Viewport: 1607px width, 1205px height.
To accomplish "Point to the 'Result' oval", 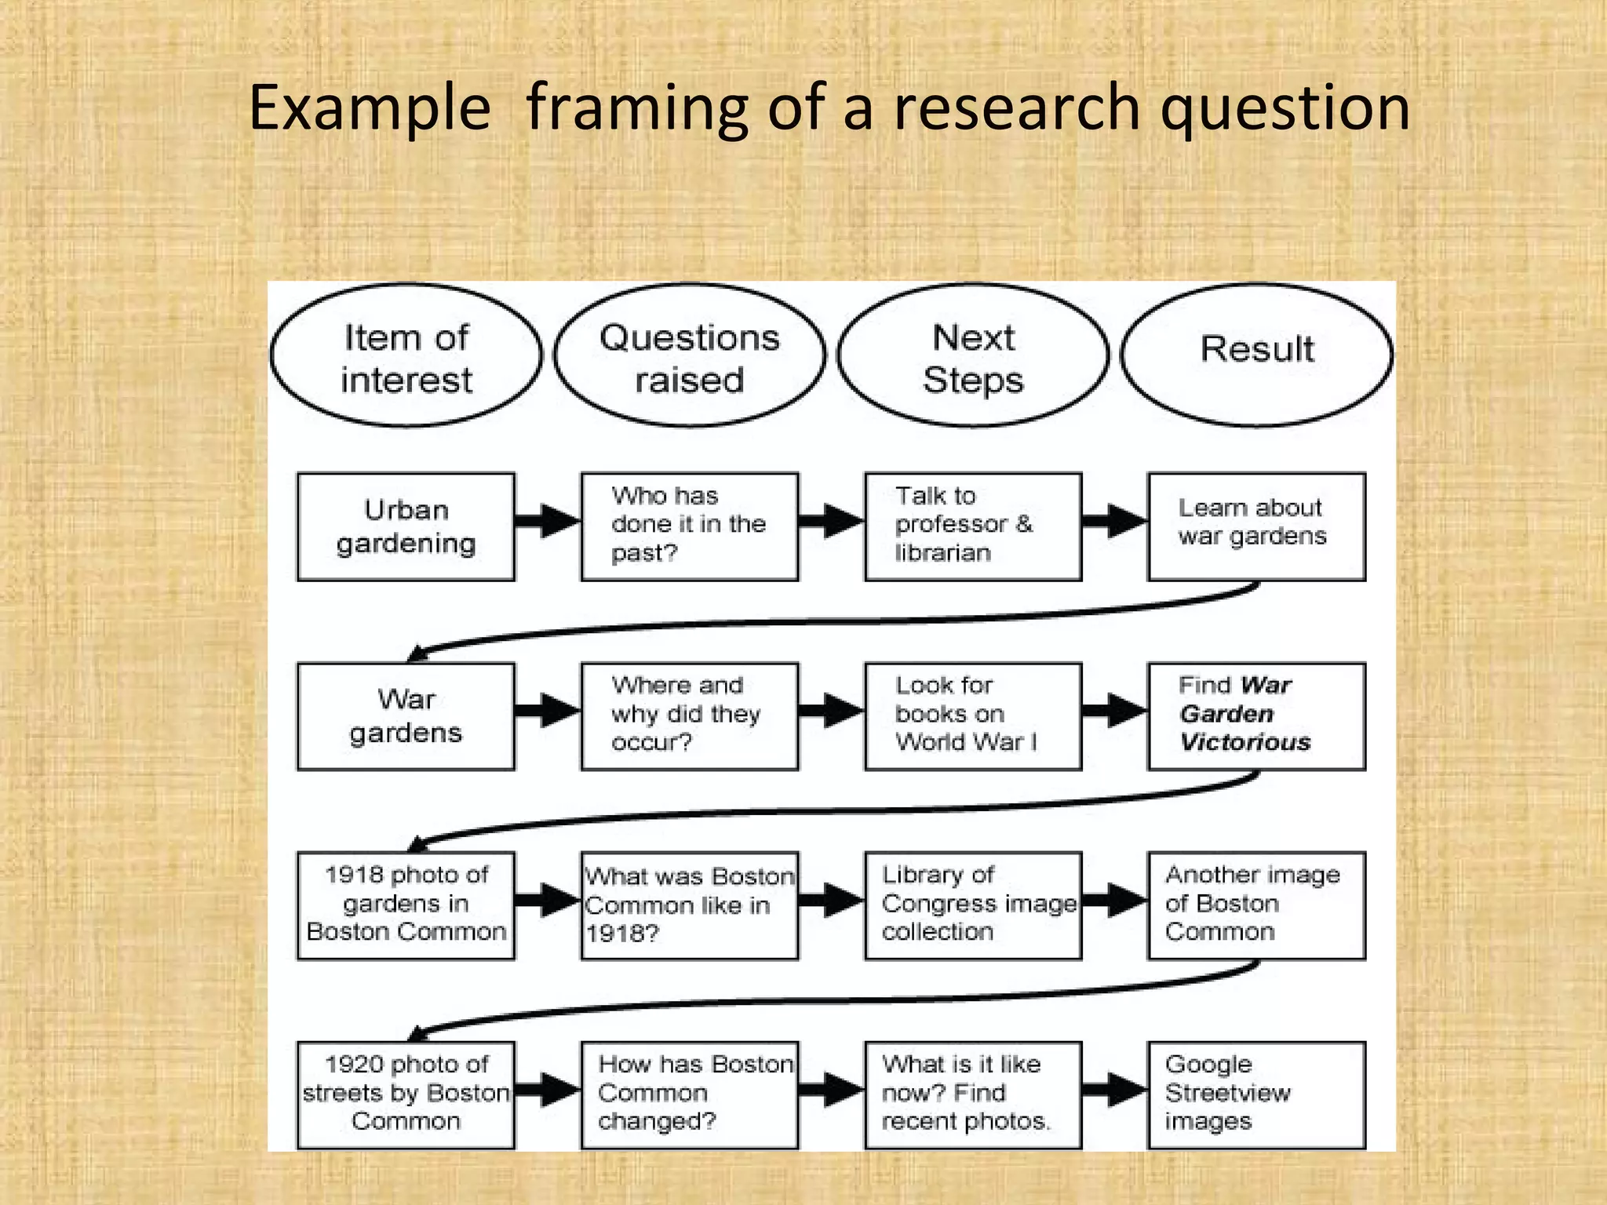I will [x=1256, y=355].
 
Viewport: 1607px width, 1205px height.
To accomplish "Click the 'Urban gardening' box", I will [x=406, y=526].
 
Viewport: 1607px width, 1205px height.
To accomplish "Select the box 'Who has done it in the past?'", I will [x=689, y=526].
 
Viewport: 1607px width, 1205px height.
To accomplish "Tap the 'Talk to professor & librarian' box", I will [x=973, y=526].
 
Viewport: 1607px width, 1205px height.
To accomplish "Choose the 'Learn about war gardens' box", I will [x=1256, y=526].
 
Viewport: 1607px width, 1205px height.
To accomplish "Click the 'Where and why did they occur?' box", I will [x=689, y=715].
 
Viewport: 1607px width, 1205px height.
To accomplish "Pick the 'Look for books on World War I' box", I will [x=973, y=715].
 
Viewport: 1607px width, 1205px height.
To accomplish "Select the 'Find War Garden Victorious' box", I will [x=1256, y=715].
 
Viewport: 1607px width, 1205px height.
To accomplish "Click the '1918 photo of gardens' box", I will [x=406, y=905].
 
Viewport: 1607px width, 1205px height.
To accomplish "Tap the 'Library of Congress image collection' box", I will [x=973, y=905].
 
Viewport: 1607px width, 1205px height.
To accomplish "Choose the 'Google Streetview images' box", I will [x=1256, y=1094].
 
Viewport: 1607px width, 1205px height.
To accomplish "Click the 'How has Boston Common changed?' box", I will [x=689, y=1094].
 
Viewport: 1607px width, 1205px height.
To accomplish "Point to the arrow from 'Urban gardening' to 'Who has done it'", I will [x=548, y=521].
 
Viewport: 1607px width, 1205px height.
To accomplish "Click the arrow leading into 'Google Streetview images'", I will [x=1115, y=1089].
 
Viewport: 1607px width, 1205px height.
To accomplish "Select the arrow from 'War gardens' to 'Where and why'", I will [x=548, y=711].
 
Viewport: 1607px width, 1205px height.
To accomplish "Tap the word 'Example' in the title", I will [x=370, y=107].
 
